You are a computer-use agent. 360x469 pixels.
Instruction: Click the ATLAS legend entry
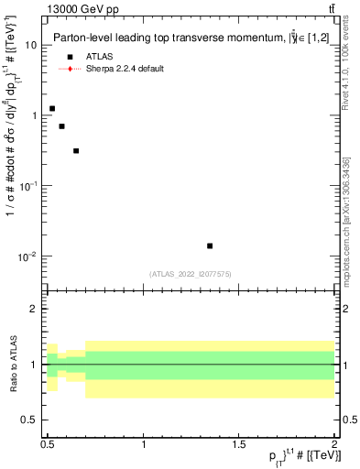click(97, 57)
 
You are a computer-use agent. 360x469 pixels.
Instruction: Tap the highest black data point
click(52, 109)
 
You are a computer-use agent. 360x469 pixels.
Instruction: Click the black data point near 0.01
click(210, 245)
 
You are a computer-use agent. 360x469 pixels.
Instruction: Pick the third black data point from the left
click(76, 150)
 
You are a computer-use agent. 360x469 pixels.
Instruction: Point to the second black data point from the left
click(61, 126)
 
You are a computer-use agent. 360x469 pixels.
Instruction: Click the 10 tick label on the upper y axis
click(31, 45)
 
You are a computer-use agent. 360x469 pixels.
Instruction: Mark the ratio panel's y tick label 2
click(34, 309)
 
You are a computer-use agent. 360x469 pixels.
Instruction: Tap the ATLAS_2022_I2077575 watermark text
click(190, 274)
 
